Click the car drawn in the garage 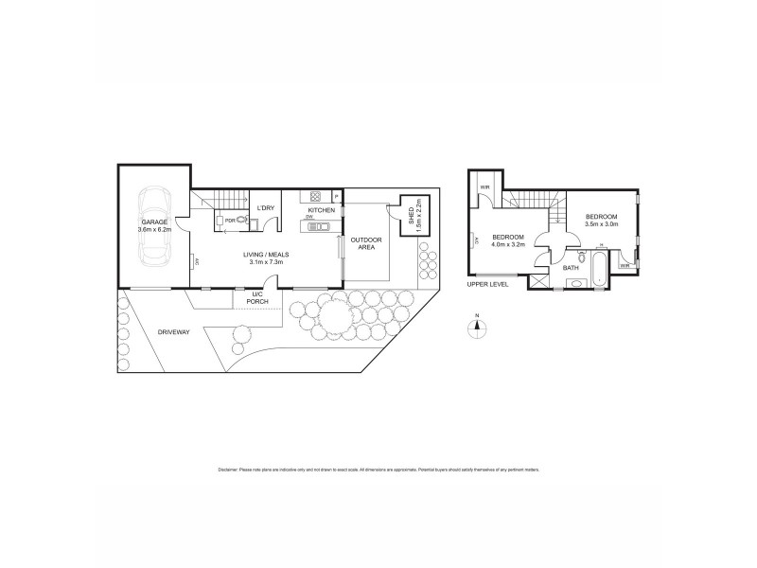tap(154, 227)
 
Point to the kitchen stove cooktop tap(312, 196)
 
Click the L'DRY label tap(266, 208)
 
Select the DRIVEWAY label tap(174, 332)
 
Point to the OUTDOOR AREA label tap(365, 243)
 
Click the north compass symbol tap(478, 328)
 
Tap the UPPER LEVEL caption tap(488, 284)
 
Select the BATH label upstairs tap(571, 268)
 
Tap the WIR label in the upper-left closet tap(484, 186)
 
